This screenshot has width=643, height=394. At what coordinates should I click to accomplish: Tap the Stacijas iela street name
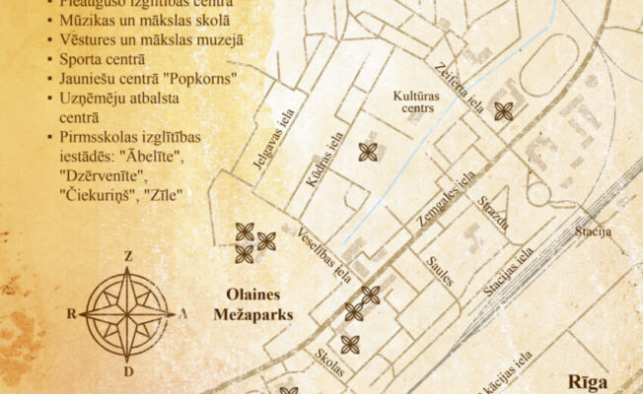coord(509,272)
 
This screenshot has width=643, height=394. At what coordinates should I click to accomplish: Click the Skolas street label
coord(330,362)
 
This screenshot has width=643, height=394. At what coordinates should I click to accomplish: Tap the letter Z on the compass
coord(128,257)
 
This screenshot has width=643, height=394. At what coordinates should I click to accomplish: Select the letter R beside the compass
coord(72,313)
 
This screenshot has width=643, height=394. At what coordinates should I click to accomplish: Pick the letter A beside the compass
coord(183,313)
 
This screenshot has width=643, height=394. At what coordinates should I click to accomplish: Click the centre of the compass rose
coord(128,313)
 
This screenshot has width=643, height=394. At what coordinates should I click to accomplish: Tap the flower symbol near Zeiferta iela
coord(504,111)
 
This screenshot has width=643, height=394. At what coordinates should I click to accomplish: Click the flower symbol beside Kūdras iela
coord(368,152)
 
